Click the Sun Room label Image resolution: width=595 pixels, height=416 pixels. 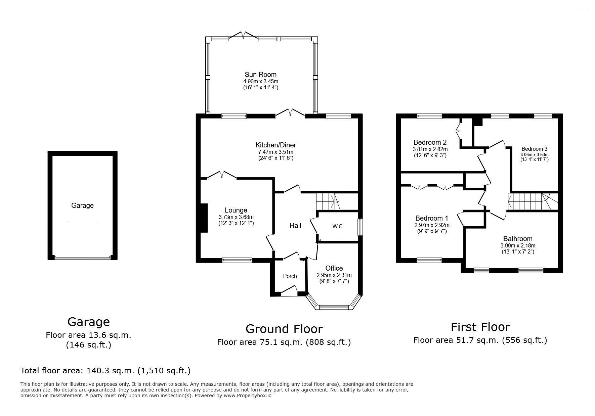(x=260, y=75)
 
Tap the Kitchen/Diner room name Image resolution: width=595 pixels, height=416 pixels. (x=276, y=145)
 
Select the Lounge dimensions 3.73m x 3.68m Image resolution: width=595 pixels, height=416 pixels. (x=236, y=217)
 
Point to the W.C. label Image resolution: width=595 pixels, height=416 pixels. (x=338, y=227)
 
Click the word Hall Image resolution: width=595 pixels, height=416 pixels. (x=295, y=226)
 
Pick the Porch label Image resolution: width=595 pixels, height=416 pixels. (x=290, y=276)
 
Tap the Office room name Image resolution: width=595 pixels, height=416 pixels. (x=334, y=268)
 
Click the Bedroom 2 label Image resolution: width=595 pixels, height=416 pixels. (x=430, y=142)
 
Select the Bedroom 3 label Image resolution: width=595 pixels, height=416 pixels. (x=535, y=149)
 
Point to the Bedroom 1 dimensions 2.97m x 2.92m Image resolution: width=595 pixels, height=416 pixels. (x=432, y=225)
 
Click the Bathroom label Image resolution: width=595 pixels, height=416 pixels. (x=518, y=239)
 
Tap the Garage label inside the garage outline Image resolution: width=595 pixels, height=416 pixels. (x=82, y=205)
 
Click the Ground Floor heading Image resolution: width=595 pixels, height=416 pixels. (x=284, y=329)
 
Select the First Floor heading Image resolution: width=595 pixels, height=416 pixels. (x=480, y=327)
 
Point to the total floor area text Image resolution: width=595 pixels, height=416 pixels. (x=105, y=371)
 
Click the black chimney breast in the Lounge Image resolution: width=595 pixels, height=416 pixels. (x=204, y=218)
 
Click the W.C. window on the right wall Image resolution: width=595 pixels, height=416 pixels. (x=360, y=227)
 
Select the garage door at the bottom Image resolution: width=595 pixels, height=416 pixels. (x=83, y=258)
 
